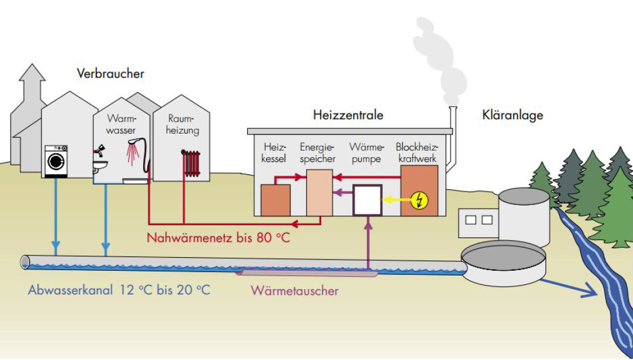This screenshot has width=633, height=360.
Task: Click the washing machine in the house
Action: pyautogui.click(x=57, y=160)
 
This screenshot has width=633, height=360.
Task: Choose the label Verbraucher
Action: pyautogui.click(x=111, y=74)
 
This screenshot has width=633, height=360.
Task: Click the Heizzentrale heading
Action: pyautogui.click(x=348, y=115)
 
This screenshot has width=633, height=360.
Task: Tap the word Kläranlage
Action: pyautogui.click(x=513, y=115)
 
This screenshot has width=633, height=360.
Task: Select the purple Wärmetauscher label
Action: pyautogui.click(x=295, y=291)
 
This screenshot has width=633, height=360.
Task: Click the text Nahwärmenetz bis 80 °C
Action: pyautogui.click(x=219, y=239)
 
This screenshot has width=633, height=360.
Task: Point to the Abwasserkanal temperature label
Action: pyautogui.click(x=119, y=290)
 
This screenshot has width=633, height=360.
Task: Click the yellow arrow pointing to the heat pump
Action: pyautogui.click(x=391, y=200)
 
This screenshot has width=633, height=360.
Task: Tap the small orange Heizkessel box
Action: pyautogui.click(x=276, y=200)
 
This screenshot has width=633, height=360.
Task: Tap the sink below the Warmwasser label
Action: pyautogui.click(x=101, y=163)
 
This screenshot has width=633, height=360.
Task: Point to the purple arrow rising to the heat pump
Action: pyautogui.click(x=368, y=242)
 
